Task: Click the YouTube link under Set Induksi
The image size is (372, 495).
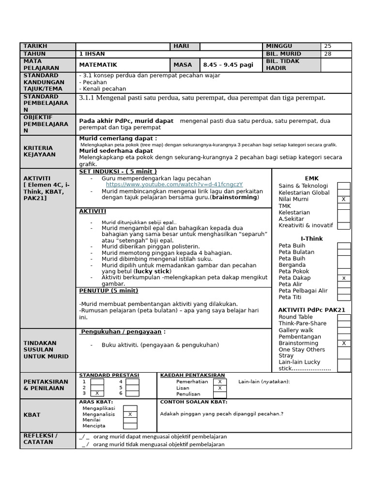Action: [x=174, y=185]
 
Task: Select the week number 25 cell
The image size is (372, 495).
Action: [x=337, y=46]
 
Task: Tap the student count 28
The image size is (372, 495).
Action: [x=337, y=54]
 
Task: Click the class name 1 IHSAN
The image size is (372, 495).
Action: [x=92, y=54]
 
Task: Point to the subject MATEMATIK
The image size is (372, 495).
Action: [x=98, y=65]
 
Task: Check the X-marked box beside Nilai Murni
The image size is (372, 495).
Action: [x=344, y=199]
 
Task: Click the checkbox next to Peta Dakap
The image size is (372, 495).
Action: [x=344, y=278]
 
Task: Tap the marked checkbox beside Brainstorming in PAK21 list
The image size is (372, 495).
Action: [x=344, y=343]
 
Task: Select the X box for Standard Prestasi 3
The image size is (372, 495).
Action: [x=97, y=393]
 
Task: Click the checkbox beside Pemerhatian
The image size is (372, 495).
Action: [x=219, y=381]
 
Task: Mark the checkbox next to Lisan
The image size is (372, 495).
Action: [x=219, y=388]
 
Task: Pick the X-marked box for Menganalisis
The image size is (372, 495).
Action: [x=130, y=414]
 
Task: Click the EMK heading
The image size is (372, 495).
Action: [x=312, y=178]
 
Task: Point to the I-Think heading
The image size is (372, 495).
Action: [x=312, y=239]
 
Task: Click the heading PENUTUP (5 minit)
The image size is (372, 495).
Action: [x=108, y=291]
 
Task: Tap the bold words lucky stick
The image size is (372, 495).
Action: [x=154, y=271]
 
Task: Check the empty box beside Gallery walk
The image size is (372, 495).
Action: [x=344, y=330]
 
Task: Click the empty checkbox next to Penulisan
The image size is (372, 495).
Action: [x=219, y=394]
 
